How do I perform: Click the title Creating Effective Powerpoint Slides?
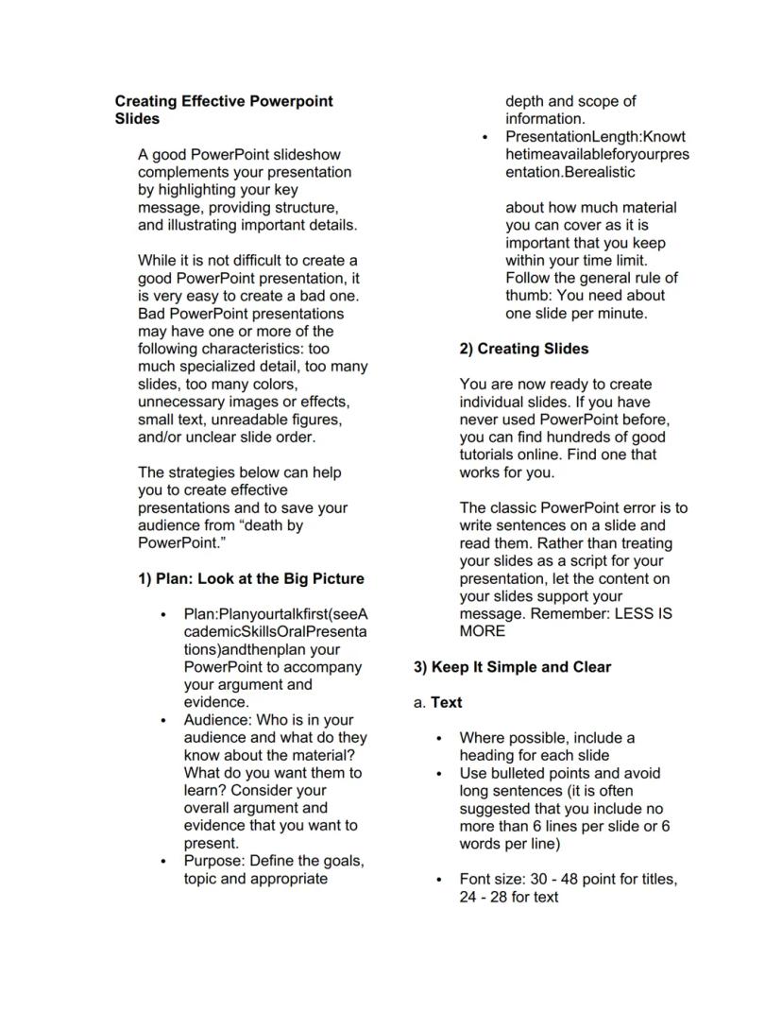point(224,110)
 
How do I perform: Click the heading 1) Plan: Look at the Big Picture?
point(250,578)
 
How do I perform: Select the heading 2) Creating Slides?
point(523,349)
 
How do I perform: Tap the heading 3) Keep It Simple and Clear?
point(512,667)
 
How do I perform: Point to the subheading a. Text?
point(438,703)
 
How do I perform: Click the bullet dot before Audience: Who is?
point(165,721)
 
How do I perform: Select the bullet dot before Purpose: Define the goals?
point(165,862)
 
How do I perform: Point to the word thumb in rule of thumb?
point(527,296)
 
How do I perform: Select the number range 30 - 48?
point(547,880)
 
